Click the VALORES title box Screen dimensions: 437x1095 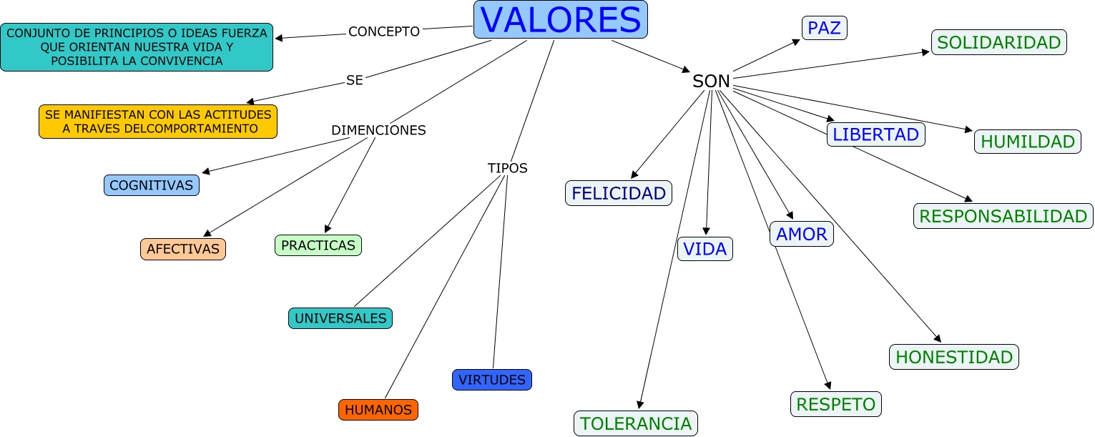[560, 19]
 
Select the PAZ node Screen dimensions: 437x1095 [824, 28]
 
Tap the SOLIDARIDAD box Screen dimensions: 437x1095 [998, 42]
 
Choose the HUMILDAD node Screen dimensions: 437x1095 [1027, 142]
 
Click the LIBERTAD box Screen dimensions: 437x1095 [875, 134]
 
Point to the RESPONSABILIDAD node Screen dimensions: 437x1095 [1003, 216]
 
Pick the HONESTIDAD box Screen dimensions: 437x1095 [953, 357]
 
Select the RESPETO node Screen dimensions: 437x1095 [835, 404]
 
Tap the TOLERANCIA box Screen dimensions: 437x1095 [635, 423]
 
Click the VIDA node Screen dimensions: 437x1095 [704, 249]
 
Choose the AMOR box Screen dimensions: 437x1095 [801, 234]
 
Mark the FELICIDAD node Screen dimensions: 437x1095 [619, 193]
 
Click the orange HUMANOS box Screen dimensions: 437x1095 [378, 410]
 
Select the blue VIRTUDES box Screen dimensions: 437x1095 [491, 380]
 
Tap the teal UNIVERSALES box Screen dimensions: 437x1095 [340, 318]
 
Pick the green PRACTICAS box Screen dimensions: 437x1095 [318, 245]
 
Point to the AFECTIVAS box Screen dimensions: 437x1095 [182, 249]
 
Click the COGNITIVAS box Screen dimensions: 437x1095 [151, 185]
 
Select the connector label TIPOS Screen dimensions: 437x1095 [507, 168]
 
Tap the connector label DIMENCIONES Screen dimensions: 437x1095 [378, 130]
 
